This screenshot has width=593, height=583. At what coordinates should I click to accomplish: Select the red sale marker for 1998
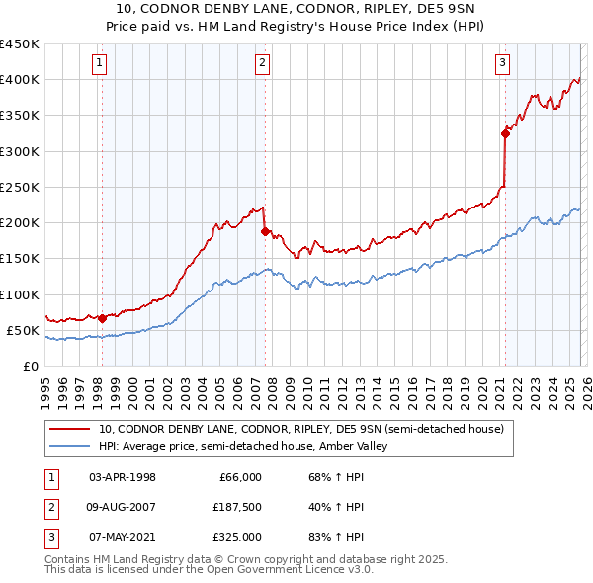pyautogui.click(x=102, y=318)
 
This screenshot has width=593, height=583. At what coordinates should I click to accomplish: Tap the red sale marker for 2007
pyautogui.click(x=265, y=231)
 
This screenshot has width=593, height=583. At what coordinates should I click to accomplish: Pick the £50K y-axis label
pyautogui.click(x=23, y=330)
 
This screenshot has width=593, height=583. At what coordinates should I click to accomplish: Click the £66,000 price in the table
pyautogui.click(x=239, y=477)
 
